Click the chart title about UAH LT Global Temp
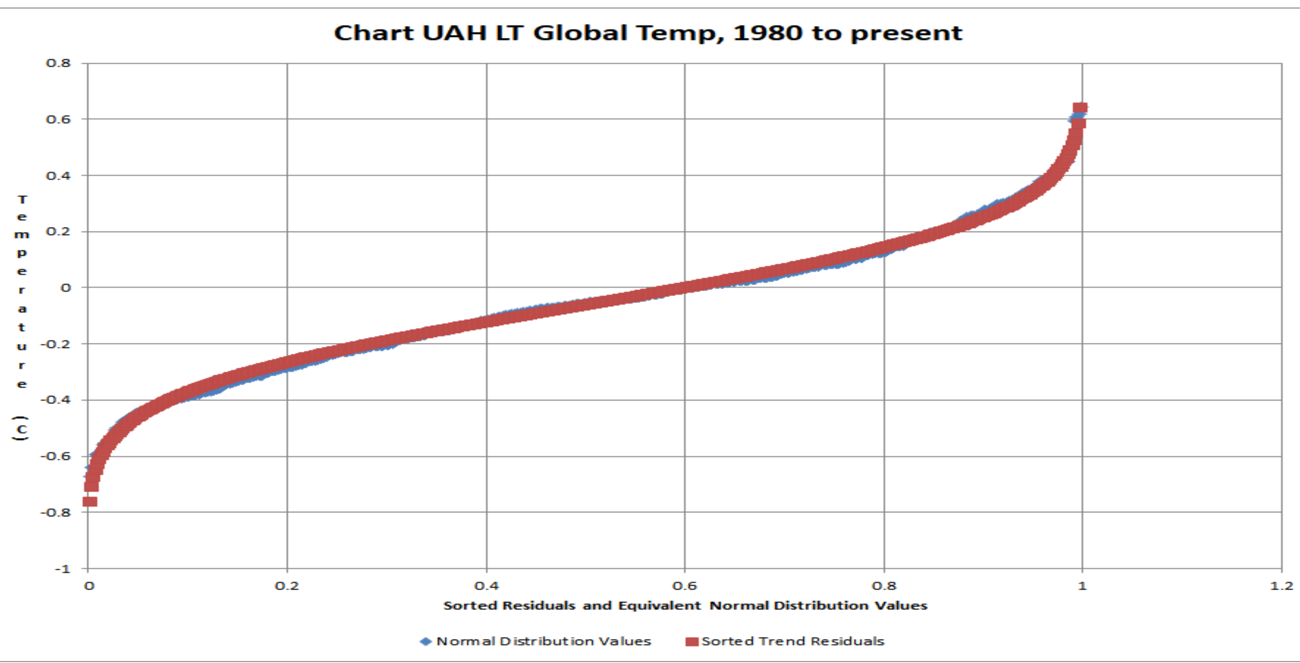[x=648, y=33]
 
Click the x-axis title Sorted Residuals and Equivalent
[x=685, y=606]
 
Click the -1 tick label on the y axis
[x=63, y=569]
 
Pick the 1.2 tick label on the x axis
[x=1282, y=586]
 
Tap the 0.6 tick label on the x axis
[x=684, y=586]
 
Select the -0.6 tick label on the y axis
[x=56, y=456]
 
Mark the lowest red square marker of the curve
[x=90, y=502]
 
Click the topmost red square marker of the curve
[x=1080, y=108]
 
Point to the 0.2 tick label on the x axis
[x=287, y=586]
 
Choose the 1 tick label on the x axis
[x=1082, y=586]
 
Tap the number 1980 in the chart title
[x=767, y=33]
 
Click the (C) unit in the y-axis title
[x=21, y=429]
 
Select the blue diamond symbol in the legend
[x=426, y=641]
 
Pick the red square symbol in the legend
[x=692, y=641]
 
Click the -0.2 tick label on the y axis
[x=56, y=343]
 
